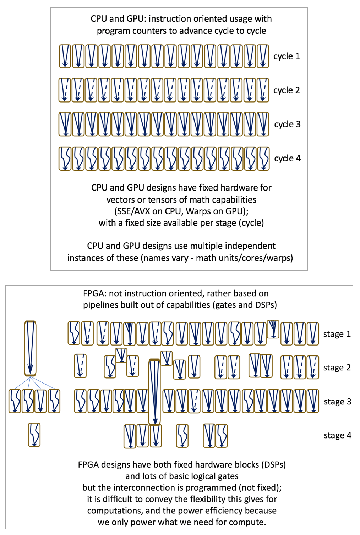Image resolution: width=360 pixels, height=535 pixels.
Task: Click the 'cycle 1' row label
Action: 287,56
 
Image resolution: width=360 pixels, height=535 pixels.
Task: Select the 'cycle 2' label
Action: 287,90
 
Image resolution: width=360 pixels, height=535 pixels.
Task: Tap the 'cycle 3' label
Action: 287,125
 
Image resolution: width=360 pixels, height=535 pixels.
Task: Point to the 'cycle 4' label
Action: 287,158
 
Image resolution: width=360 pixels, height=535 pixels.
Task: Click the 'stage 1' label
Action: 337,334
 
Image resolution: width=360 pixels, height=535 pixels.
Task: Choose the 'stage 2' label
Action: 337,368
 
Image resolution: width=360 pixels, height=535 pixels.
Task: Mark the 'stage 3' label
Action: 337,402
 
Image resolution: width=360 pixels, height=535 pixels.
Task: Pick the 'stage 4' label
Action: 337,435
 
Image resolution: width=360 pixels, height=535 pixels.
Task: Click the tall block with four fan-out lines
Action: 30,348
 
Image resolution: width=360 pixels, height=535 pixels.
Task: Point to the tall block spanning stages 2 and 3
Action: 154,392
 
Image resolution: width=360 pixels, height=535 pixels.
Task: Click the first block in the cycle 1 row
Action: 65,56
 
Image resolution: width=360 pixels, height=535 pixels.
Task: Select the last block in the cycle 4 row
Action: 263,159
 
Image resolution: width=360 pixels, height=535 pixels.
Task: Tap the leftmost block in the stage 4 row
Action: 34,435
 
